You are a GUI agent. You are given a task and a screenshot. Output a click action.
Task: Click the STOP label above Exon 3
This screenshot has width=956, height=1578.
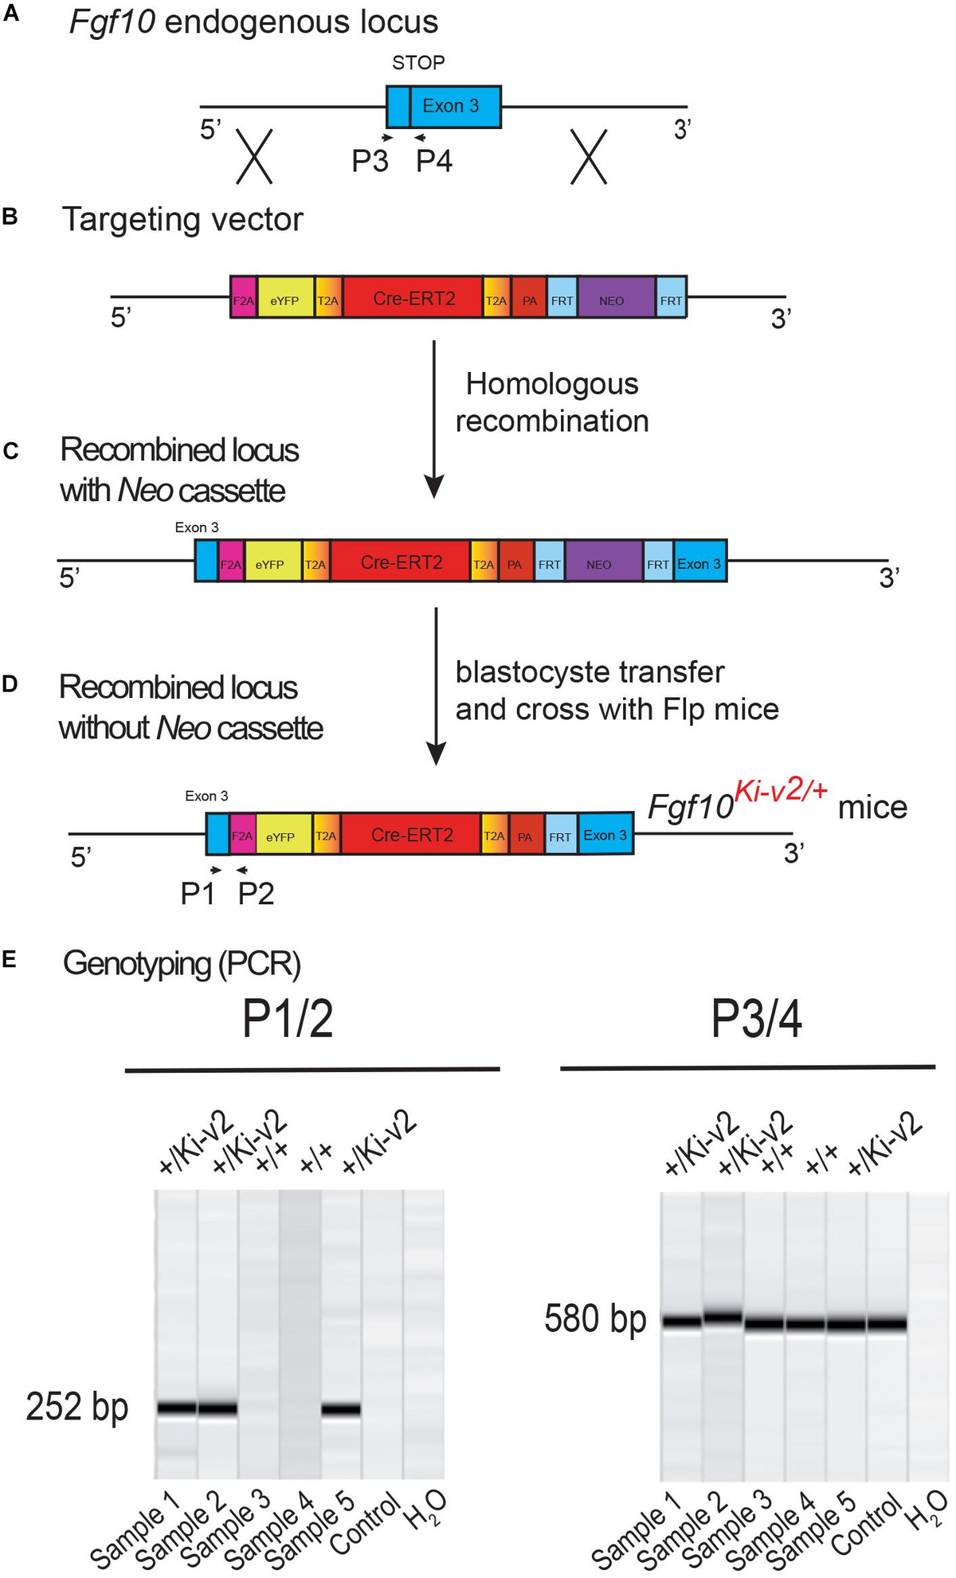click(x=418, y=62)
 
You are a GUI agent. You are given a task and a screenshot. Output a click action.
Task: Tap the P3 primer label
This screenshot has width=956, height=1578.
click(x=370, y=161)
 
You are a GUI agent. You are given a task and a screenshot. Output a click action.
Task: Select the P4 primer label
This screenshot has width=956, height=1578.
click(x=434, y=161)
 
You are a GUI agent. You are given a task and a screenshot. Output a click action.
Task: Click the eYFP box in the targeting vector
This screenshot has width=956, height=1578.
click(x=284, y=300)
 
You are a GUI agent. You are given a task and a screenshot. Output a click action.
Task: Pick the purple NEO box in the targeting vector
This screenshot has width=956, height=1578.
click(x=612, y=300)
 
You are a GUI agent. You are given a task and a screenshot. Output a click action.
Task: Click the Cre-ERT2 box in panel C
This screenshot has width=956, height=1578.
click(x=401, y=562)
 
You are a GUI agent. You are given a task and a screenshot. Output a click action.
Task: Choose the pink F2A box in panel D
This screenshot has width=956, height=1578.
click(x=241, y=836)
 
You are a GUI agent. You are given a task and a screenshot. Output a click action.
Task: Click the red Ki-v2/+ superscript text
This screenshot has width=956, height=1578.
click(x=781, y=791)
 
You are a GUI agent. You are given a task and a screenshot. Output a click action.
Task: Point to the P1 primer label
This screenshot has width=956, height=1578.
click(x=198, y=894)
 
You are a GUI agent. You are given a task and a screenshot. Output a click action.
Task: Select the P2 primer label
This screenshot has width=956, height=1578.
click(x=256, y=894)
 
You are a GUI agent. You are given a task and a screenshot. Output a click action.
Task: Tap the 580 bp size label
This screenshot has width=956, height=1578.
click(x=595, y=1318)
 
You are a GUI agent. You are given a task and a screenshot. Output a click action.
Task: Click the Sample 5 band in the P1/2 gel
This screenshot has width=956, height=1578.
click(x=341, y=1408)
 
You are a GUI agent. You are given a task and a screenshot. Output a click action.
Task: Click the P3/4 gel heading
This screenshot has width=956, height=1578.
click(x=756, y=1019)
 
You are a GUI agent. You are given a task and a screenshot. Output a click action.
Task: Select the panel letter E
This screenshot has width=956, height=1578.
click(x=10, y=959)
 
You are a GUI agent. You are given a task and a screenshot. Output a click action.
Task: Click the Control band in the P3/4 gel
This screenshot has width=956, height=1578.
click(x=887, y=1323)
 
